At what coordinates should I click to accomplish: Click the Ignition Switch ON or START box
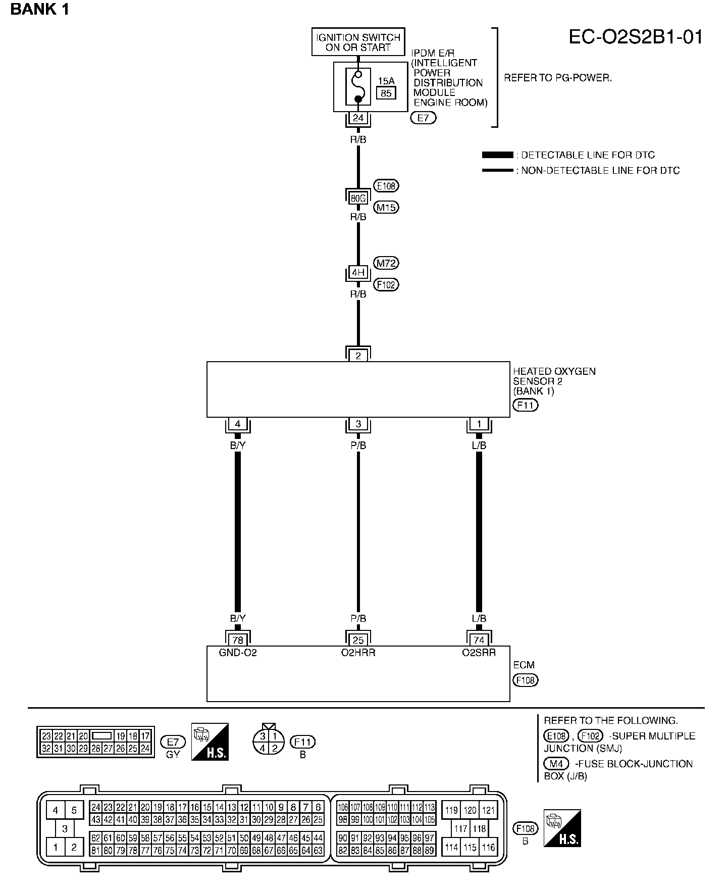[x=358, y=42]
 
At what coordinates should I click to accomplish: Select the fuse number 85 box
[x=386, y=93]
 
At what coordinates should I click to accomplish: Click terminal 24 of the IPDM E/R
[x=358, y=118]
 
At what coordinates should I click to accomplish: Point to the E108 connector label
[x=386, y=186]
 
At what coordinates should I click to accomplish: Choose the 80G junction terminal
[x=358, y=199]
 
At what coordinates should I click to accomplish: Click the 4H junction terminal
[x=358, y=273]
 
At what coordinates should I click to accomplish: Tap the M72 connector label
[x=386, y=263]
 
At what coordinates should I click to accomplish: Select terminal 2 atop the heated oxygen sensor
[x=358, y=356]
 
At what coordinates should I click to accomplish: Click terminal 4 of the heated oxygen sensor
[x=237, y=424]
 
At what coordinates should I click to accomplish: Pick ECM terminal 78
[x=237, y=640]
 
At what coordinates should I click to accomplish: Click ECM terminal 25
[x=358, y=640]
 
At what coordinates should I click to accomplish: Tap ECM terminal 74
[x=479, y=640]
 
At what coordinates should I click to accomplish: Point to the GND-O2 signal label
[x=238, y=653]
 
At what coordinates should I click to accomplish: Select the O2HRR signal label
[x=358, y=653]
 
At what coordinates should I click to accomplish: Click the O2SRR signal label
[x=479, y=653]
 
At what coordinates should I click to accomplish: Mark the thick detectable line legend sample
[x=497, y=155]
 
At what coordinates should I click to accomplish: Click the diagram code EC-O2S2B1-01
[x=636, y=37]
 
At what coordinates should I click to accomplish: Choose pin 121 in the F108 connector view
[x=488, y=810]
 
